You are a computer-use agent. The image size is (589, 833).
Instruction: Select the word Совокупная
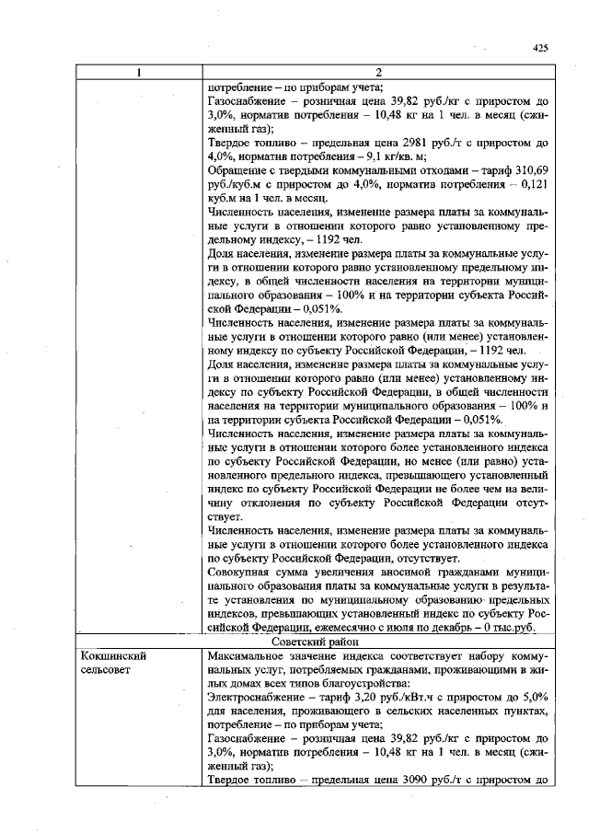242,571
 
